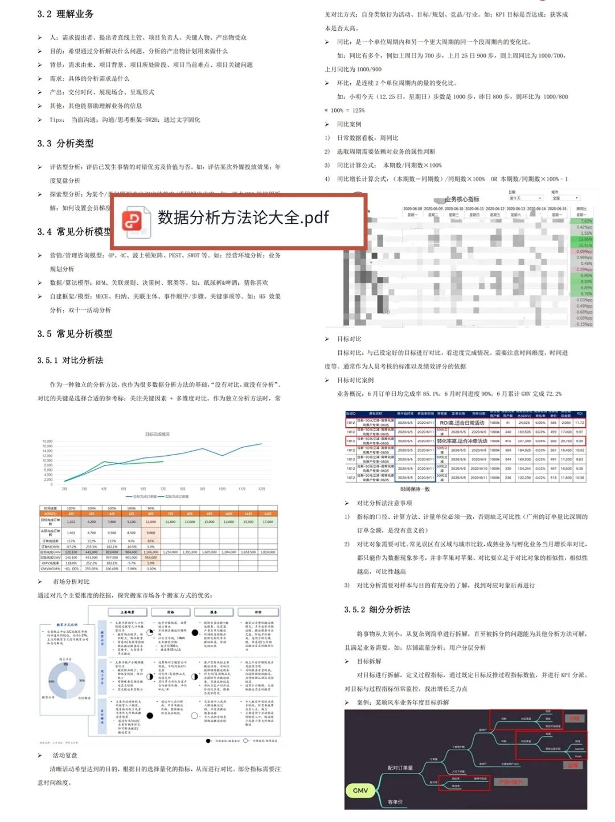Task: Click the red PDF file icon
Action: tap(133, 220)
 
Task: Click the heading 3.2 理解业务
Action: tap(65, 14)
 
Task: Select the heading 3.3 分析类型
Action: tap(65, 143)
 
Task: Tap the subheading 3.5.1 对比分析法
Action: tap(70, 360)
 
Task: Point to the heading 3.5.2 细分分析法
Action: tap(377, 609)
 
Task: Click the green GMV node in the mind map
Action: tap(360, 791)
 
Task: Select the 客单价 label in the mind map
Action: tap(395, 801)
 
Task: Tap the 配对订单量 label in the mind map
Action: tap(400, 768)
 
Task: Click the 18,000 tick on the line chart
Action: tap(47, 441)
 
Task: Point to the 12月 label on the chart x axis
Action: tap(261, 489)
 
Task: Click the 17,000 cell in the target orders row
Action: tap(268, 521)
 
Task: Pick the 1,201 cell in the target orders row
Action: tap(71, 521)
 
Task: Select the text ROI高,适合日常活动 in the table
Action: tap(462, 423)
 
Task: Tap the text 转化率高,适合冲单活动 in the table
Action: tap(462, 441)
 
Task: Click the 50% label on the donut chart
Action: tap(82, 680)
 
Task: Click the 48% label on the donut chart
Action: tap(51, 681)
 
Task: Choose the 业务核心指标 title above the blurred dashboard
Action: tap(462, 199)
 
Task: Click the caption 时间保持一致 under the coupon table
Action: tap(415, 489)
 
